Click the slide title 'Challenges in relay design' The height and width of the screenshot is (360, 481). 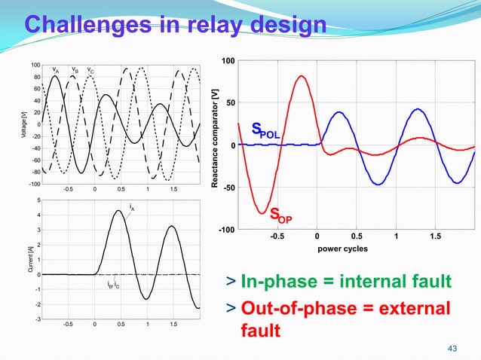click(x=175, y=24)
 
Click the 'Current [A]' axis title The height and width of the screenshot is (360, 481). click(x=24, y=260)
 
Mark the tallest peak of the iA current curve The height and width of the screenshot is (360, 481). click(x=119, y=211)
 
